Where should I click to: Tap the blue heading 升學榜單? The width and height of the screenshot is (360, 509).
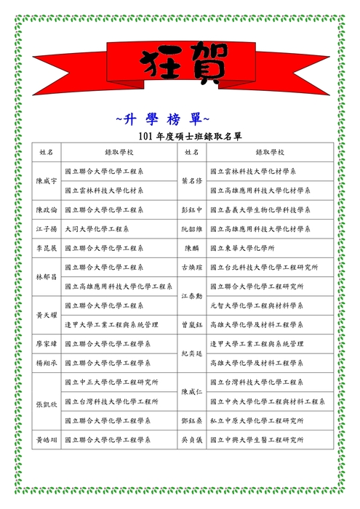click(163, 117)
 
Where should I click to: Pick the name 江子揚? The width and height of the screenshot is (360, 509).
click(47, 228)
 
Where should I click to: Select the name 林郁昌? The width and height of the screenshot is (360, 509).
click(47, 276)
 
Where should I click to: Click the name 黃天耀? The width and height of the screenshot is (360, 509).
click(47, 315)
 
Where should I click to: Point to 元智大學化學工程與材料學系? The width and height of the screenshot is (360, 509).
click(257, 305)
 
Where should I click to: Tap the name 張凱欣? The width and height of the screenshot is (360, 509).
click(47, 401)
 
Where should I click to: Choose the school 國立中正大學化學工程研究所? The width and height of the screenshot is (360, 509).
click(111, 382)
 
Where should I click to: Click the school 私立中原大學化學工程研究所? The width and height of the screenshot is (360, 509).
click(257, 420)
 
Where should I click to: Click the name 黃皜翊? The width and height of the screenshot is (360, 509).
click(47, 439)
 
